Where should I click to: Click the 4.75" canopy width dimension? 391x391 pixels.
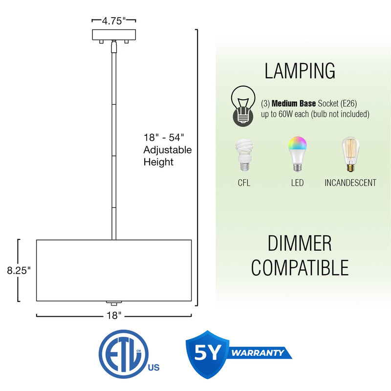pyautogui.click(x=114, y=21)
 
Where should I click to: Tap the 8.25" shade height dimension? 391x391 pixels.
pyautogui.click(x=19, y=270)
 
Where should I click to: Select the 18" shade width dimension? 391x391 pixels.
pyautogui.click(x=114, y=316)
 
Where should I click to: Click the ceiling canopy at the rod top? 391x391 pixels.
pyautogui.click(x=114, y=36)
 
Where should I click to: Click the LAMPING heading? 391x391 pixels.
pyautogui.click(x=300, y=71)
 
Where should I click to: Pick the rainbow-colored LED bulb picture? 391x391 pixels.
pyautogui.click(x=297, y=154)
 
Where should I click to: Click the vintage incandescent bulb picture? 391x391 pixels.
pyautogui.click(x=350, y=154)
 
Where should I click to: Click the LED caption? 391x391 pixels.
pyautogui.click(x=297, y=183)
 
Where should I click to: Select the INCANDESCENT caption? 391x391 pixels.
pyautogui.click(x=350, y=183)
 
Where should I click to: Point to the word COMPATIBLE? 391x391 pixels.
pyautogui.click(x=299, y=267)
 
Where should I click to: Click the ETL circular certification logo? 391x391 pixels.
pyautogui.click(x=123, y=353)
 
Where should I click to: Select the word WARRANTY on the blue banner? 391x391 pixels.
pyautogui.click(x=258, y=353)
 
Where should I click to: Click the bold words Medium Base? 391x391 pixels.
pyautogui.click(x=293, y=104)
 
